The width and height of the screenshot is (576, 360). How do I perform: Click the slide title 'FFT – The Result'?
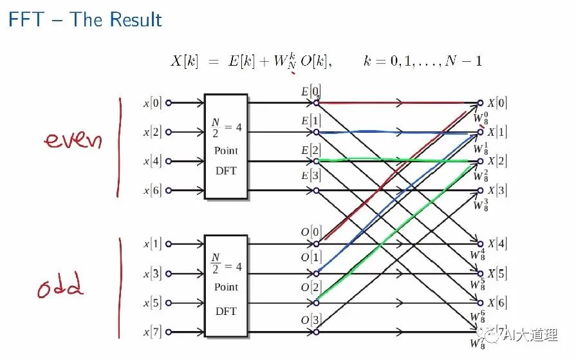click(85, 19)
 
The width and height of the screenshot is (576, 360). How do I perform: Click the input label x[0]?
click(153, 102)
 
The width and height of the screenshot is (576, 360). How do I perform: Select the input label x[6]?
click(153, 191)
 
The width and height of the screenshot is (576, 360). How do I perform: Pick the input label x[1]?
click(153, 244)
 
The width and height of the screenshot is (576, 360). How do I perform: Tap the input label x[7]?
click(153, 332)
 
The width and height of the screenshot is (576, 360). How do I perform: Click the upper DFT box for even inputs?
click(226, 146)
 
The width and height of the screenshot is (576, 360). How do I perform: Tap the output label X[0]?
click(497, 102)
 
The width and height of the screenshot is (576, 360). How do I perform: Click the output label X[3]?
click(497, 191)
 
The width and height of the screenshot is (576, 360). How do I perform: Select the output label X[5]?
click(497, 274)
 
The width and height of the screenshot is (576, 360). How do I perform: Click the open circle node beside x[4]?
click(169, 162)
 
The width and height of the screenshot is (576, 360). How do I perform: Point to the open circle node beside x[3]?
click(169, 274)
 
